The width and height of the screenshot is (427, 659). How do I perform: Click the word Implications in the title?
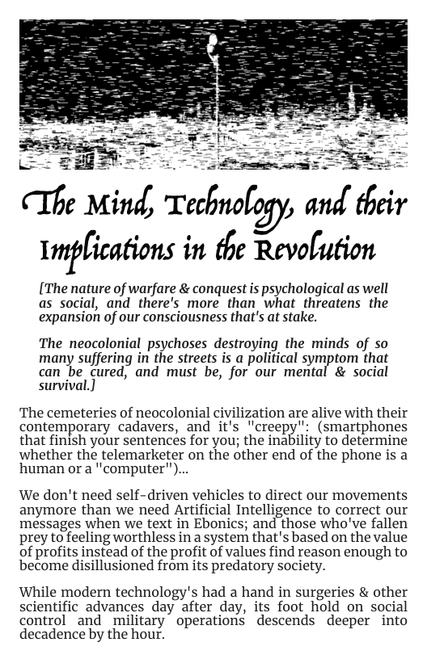107,251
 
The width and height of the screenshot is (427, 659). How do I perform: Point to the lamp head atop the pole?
213,42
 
